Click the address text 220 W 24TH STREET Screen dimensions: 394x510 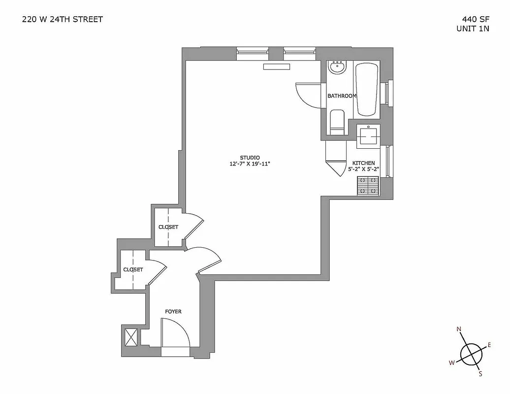click(63, 20)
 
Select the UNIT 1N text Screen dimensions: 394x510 click(473, 29)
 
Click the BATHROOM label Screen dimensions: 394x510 click(342, 96)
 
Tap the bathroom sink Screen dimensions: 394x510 click(338, 67)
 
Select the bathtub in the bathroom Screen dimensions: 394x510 click(367, 89)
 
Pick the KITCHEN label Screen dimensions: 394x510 click(363, 163)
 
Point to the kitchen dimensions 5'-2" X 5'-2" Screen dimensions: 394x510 click(363, 169)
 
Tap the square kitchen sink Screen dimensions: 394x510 click(368, 134)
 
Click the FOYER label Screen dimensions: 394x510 click(173, 312)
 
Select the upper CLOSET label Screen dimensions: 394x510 click(168, 227)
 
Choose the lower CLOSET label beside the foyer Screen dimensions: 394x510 click(133, 270)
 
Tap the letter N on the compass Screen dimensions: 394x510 click(459, 329)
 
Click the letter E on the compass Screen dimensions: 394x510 click(489, 345)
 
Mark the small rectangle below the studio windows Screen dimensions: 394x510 click(276, 67)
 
